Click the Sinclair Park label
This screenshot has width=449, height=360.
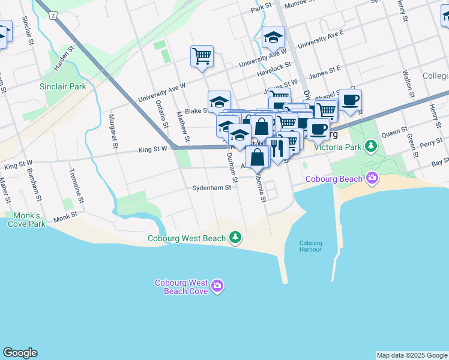pos(63,86)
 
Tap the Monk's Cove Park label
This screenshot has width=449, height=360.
pos(27,220)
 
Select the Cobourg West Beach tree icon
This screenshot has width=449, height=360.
pos(236,238)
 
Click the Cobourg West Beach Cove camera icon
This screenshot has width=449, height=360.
pos(217,287)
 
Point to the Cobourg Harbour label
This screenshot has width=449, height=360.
pos(311,247)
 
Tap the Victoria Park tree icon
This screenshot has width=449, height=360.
pos(372,146)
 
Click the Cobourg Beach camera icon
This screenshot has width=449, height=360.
pos(373,178)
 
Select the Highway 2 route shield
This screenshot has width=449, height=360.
pos(53,15)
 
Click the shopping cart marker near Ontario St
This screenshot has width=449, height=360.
pos(202,56)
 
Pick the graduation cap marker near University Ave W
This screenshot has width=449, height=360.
pos(273,38)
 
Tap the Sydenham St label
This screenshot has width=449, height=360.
pos(211,188)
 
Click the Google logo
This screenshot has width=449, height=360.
pos(20,353)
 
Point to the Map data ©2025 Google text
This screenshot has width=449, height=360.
pos(412,355)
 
